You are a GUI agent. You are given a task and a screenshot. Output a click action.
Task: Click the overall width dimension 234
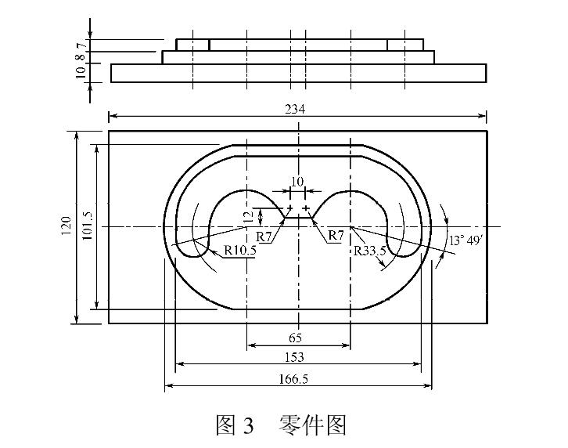(297, 110)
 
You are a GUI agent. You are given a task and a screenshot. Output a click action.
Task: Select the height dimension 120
(66, 227)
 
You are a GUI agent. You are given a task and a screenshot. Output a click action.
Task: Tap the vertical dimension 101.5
(87, 227)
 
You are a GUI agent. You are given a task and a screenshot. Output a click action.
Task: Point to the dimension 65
(297, 338)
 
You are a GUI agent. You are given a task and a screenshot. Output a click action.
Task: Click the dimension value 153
(297, 358)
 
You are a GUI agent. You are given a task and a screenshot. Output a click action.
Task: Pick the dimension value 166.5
(297, 379)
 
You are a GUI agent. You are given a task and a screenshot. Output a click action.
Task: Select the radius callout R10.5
(240, 251)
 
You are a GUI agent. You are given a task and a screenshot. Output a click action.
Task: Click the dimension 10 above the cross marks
(297, 182)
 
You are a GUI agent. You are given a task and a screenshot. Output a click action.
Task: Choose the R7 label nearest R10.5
(265, 235)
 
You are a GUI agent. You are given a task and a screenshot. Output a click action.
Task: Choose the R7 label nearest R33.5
(336, 235)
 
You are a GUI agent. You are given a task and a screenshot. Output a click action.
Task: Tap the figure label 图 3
(235, 425)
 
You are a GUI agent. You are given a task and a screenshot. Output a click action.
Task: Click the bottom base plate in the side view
(298, 73)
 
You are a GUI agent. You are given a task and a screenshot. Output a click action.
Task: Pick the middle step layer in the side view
(298, 57)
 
